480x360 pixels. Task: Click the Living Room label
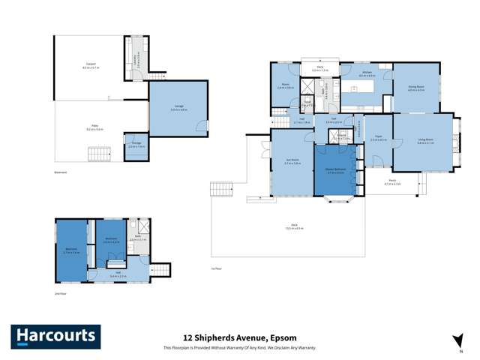(424, 141)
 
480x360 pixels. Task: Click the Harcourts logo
(55, 337)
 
